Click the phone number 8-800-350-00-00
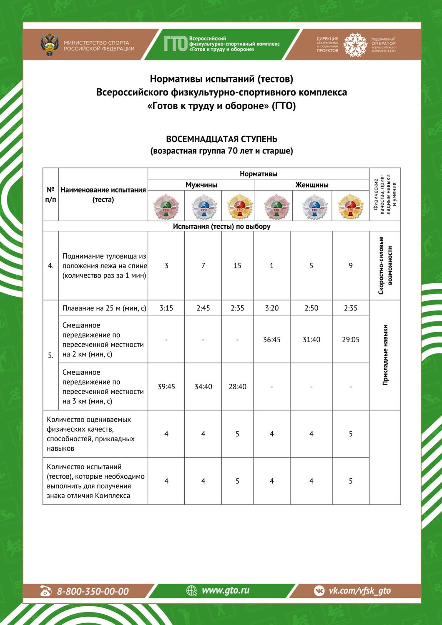coord(93,591)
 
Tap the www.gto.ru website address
coord(225,590)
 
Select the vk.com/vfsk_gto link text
coord(359,590)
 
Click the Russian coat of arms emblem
coord(50,45)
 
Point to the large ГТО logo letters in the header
coord(175,44)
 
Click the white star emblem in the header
coord(355,45)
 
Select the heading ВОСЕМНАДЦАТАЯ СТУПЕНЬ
coord(221,139)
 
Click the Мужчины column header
coord(201,185)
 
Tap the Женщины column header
coord(312,185)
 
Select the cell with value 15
coord(237,266)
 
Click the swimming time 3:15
coord(166,308)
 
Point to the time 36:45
coord(271,340)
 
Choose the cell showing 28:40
coord(237,387)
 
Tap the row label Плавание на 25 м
coord(104,308)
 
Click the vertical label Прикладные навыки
coord(385,355)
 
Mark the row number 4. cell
coord(50,266)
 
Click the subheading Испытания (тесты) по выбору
coord(221,226)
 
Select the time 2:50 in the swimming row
coord(311,308)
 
